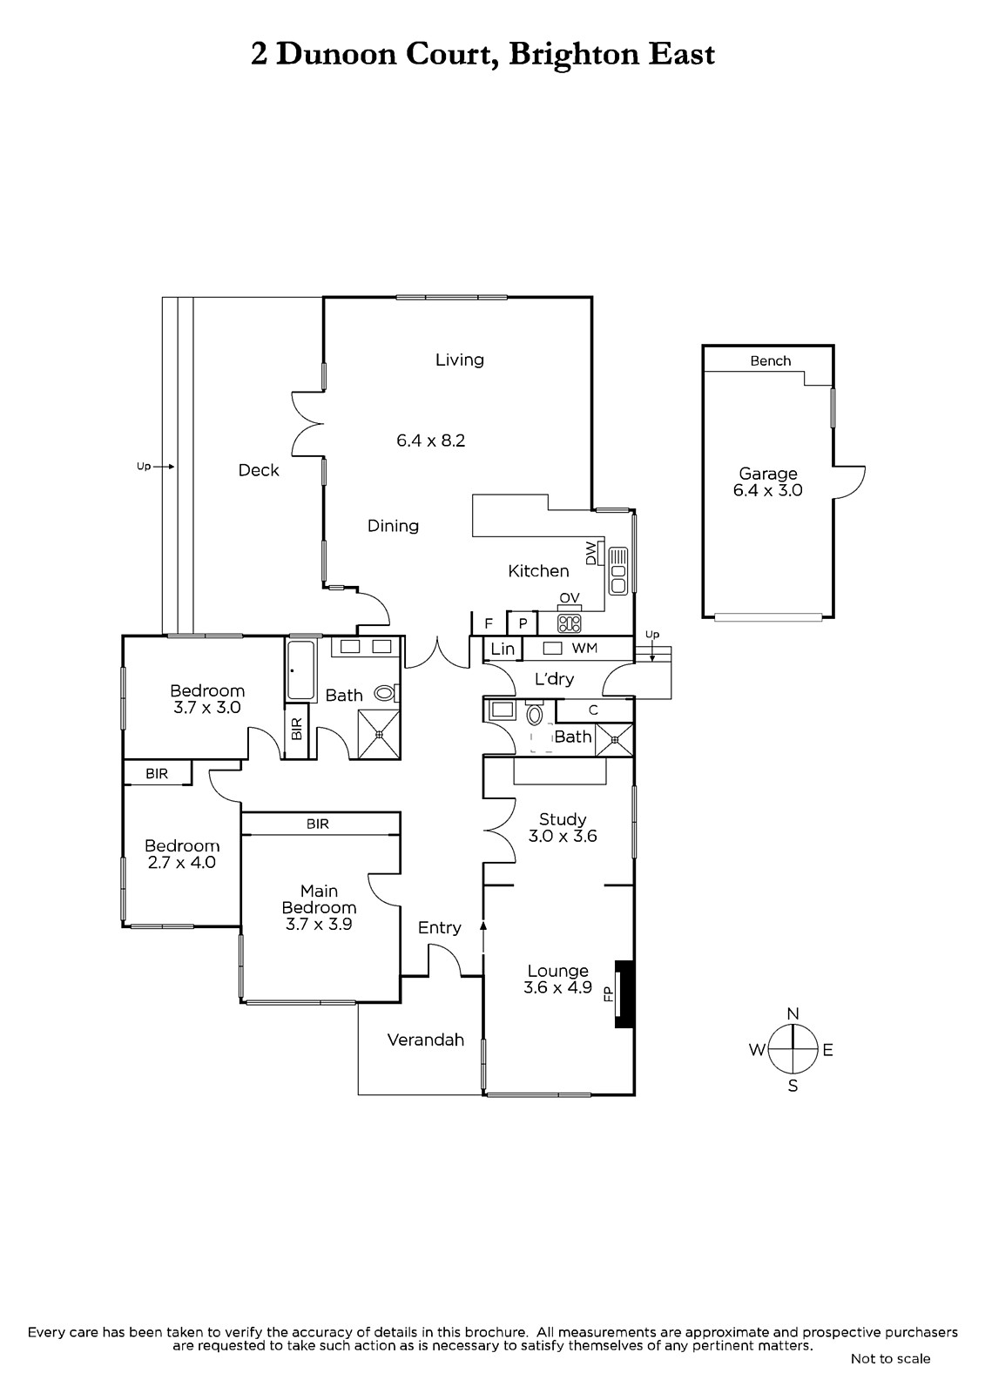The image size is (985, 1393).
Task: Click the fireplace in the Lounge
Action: click(x=624, y=994)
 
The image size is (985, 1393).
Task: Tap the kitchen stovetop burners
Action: click(x=569, y=622)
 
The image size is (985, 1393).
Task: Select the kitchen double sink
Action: click(x=618, y=571)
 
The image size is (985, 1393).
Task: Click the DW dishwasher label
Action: click(x=590, y=553)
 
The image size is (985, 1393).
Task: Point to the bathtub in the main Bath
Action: click(x=301, y=670)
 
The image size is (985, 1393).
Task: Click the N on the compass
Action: click(x=793, y=1013)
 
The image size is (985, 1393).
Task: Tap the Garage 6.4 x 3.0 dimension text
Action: click(x=768, y=490)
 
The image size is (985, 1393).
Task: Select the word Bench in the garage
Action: click(x=771, y=360)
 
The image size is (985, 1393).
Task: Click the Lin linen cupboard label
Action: click(x=503, y=649)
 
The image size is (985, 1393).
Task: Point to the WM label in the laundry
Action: click(x=584, y=648)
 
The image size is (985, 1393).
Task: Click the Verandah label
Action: click(x=426, y=1040)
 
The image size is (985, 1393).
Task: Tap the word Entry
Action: click(x=439, y=928)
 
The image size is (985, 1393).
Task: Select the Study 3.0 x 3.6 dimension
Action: click(x=563, y=837)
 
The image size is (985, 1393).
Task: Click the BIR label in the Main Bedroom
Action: click(x=317, y=824)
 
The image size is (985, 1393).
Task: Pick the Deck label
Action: click(x=259, y=470)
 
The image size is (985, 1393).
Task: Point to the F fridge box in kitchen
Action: click(x=489, y=623)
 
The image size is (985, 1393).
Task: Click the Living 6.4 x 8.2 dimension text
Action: click(x=430, y=441)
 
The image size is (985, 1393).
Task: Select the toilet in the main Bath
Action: click(x=385, y=693)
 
